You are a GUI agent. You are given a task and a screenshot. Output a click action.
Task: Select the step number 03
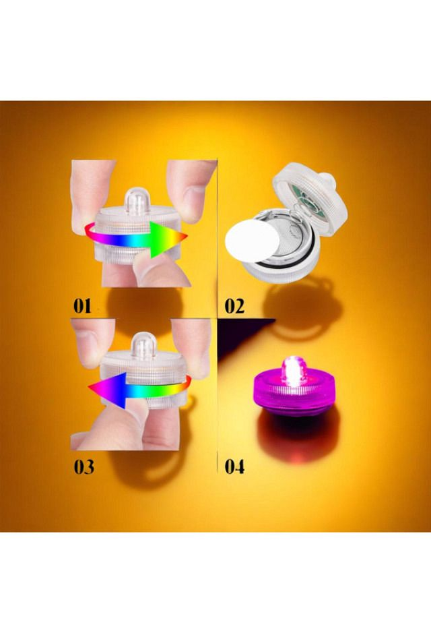tap(84, 466)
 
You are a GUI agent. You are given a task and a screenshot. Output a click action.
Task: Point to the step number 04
tap(234, 466)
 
